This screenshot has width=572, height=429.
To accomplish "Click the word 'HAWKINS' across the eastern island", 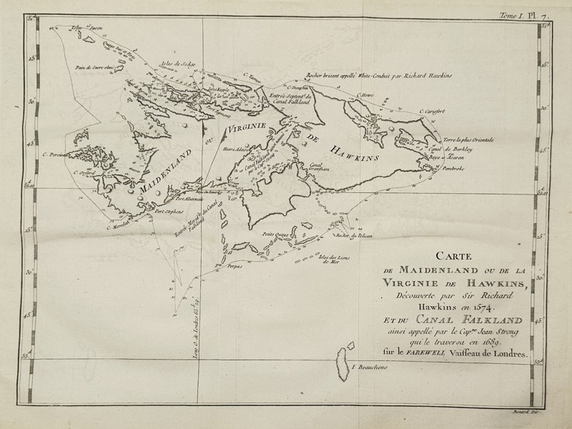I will tap(352, 152).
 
